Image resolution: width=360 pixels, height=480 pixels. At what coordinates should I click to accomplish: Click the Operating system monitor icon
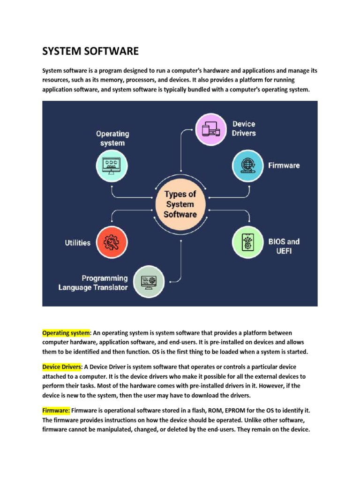click(112, 165)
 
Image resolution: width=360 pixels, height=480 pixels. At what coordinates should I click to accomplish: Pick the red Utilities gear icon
click(112, 242)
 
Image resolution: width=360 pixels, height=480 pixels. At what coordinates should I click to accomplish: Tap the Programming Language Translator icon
click(150, 282)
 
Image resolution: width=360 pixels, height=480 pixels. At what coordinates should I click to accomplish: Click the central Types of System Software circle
click(180, 204)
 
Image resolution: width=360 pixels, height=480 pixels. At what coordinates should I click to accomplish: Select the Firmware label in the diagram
click(284, 165)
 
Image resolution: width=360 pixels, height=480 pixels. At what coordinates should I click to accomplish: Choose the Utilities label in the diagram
click(77, 243)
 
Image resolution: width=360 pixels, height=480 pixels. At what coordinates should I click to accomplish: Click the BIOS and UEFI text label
click(284, 246)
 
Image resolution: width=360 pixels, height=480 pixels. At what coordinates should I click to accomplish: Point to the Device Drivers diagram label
click(244, 128)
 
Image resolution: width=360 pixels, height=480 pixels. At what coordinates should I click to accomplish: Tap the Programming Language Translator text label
click(93, 283)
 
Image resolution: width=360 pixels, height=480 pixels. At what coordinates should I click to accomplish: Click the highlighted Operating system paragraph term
click(66, 333)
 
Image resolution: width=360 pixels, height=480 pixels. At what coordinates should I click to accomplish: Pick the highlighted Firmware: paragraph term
click(56, 410)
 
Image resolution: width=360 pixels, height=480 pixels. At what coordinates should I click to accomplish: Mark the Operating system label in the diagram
click(112, 138)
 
